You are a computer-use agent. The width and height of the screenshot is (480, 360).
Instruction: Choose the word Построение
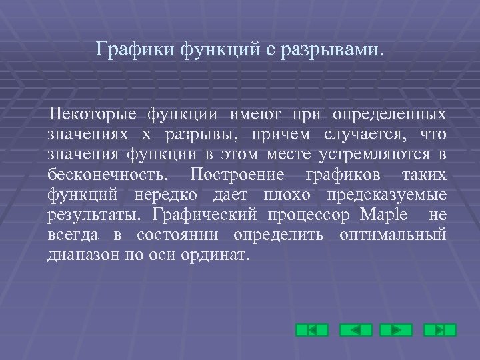[x=237, y=176]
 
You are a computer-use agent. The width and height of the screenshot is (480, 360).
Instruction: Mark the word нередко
[x=173, y=196]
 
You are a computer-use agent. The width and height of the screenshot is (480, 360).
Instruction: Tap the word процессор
[x=309, y=216]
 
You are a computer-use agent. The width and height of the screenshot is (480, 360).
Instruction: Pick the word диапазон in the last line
[x=83, y=256]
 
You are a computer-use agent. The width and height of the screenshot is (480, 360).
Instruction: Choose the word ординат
[x=221, y=256]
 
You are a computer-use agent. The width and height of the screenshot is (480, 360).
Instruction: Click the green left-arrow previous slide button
[x=355, y=330]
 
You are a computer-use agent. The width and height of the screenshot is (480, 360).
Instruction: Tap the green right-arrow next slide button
[x=396, y=330]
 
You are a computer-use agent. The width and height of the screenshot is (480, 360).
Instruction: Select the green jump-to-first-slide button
[x=311, y=330]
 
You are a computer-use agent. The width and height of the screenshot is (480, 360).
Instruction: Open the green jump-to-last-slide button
[x=439, y=330]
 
